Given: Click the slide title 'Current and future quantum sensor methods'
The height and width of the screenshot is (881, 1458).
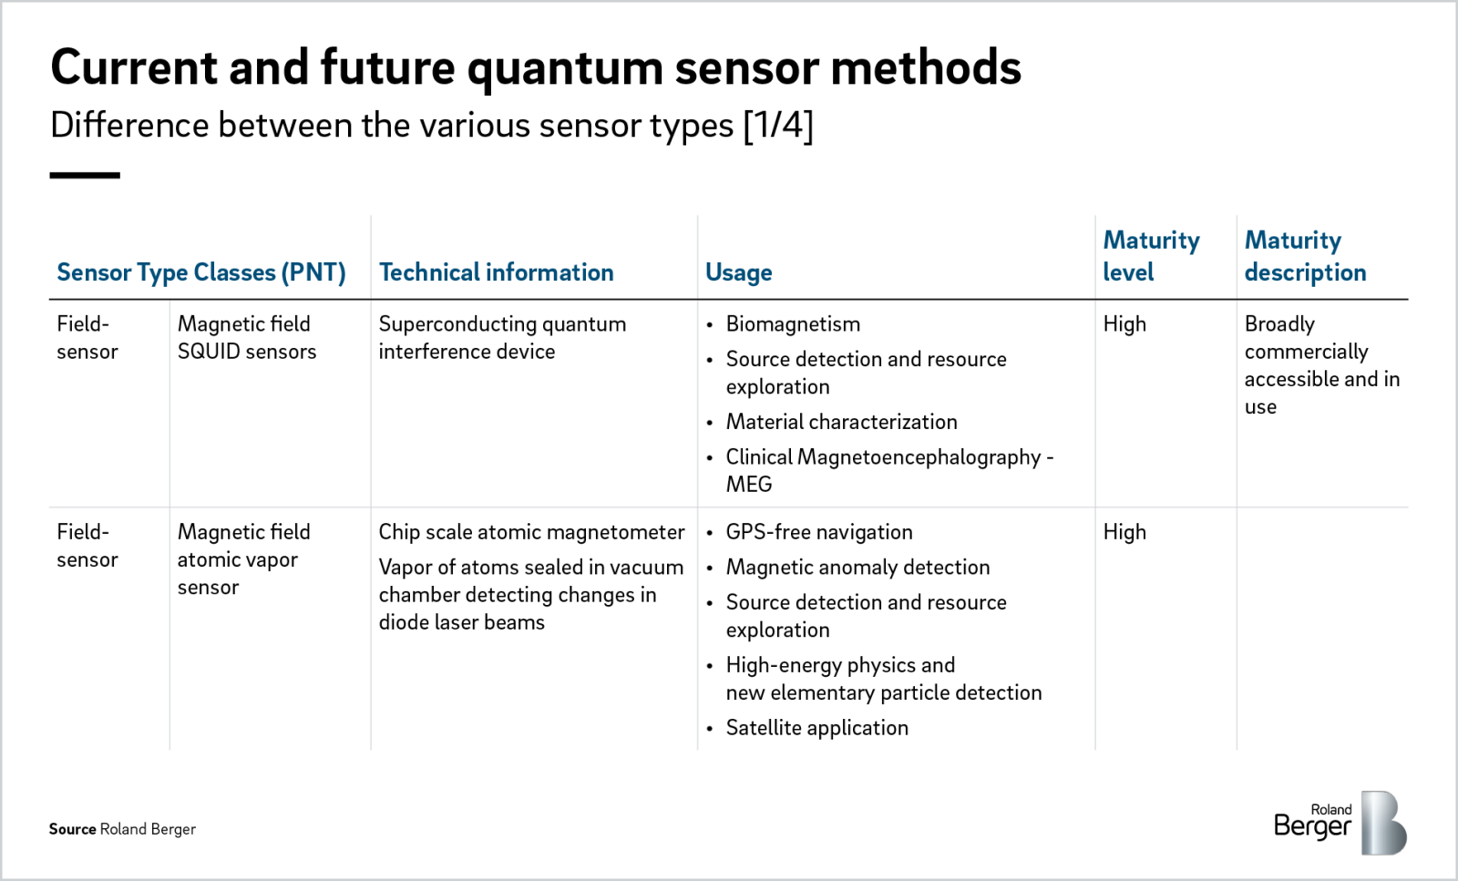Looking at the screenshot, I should click(536, 67).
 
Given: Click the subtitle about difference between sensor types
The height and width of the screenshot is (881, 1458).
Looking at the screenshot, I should click(431, 126).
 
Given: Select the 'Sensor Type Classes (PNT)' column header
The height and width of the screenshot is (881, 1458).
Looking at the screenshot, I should click(201, 272).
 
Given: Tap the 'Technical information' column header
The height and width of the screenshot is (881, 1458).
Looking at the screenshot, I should click(496, 272).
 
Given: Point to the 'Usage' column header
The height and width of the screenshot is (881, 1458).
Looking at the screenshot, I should click(738, 272).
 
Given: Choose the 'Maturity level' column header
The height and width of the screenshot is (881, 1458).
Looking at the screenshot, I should click(1151, 256).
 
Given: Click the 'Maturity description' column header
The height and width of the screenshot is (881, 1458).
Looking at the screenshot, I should click(1305, 256).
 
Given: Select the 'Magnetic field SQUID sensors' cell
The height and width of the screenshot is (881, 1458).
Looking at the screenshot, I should click(246, 338).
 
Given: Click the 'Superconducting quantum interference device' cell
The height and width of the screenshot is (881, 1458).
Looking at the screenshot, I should click(502, 338).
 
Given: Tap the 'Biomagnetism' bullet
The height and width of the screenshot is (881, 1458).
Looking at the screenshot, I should click(793, 324).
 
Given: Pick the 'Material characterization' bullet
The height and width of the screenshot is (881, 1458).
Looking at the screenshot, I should click(841, 422).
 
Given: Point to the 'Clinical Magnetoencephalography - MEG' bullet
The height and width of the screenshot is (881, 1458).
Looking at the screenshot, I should click(888, 470).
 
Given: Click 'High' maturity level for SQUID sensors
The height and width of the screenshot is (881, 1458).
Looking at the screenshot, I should click(1124, 324).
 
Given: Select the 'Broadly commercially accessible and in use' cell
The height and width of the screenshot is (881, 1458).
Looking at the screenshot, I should click(1321, 365).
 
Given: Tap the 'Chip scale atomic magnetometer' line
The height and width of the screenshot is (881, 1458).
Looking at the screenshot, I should click(531, 532).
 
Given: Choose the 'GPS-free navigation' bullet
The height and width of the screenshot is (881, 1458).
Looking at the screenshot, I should click(818, 532).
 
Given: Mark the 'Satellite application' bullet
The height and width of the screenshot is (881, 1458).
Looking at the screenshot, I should click(816, 728).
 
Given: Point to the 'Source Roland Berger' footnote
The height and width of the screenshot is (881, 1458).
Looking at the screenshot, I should click(122, 829).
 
